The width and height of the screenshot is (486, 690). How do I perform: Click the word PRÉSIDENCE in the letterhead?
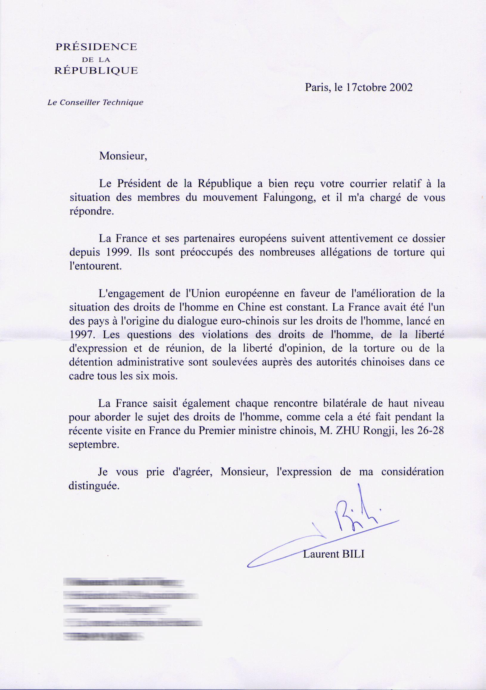click(x=96, y=47)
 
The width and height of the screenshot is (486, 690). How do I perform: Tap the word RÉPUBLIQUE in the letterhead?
click(x=96, y=71)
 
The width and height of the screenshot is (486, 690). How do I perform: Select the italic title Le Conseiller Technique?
click(x=95, y=103)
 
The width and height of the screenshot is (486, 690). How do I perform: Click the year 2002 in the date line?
click(x=401, y=87)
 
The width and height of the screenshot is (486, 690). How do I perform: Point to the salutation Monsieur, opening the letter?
click(x=123, y=156)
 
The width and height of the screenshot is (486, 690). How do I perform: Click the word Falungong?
click(x=289, y=197)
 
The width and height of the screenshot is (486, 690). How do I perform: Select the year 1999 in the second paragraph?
click(x=119, y=252)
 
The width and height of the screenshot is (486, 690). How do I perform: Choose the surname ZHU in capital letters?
click(x=348, y=431)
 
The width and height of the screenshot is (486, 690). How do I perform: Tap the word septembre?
click(x=94, y=445)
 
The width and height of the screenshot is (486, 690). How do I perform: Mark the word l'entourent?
click(x=95, y=266)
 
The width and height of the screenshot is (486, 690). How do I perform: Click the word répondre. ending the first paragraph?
click(x=92, y=211)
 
